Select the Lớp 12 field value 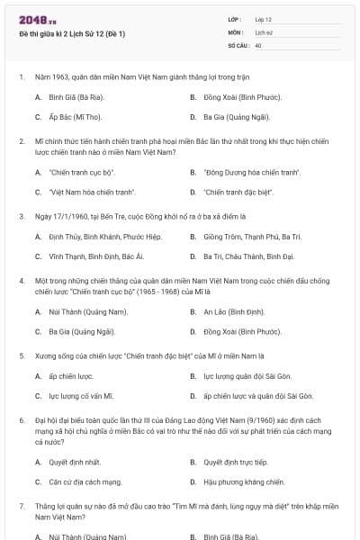click(x=263, y=19)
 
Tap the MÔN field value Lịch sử click(x=263, y=31)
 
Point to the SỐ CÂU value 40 click(x=258, y=44)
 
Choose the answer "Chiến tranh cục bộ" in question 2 click(x=83, y=172)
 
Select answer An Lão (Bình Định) click(x=234, y=311)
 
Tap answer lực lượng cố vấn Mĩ click(x=82, y=396)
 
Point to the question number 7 click(x=21, y=507)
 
